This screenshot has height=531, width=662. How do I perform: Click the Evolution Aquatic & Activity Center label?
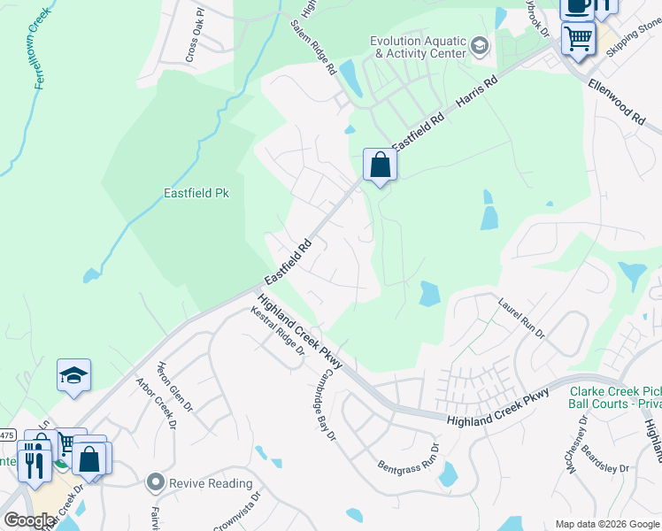(417, 47)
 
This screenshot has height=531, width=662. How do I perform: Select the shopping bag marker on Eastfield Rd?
(380, 165)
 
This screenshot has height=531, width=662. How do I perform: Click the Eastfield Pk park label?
(196, 193)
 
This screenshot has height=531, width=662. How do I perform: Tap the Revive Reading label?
(212, 483)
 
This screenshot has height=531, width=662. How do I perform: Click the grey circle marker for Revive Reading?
(157, 482)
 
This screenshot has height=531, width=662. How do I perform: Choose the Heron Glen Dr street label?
(174, 387)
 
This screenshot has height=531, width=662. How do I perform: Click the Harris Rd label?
(478, 92)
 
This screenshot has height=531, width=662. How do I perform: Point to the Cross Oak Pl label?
(196, 37)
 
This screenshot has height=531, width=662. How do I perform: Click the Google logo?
(28, 521)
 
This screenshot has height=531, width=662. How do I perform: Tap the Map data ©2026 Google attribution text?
(606, 524)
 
